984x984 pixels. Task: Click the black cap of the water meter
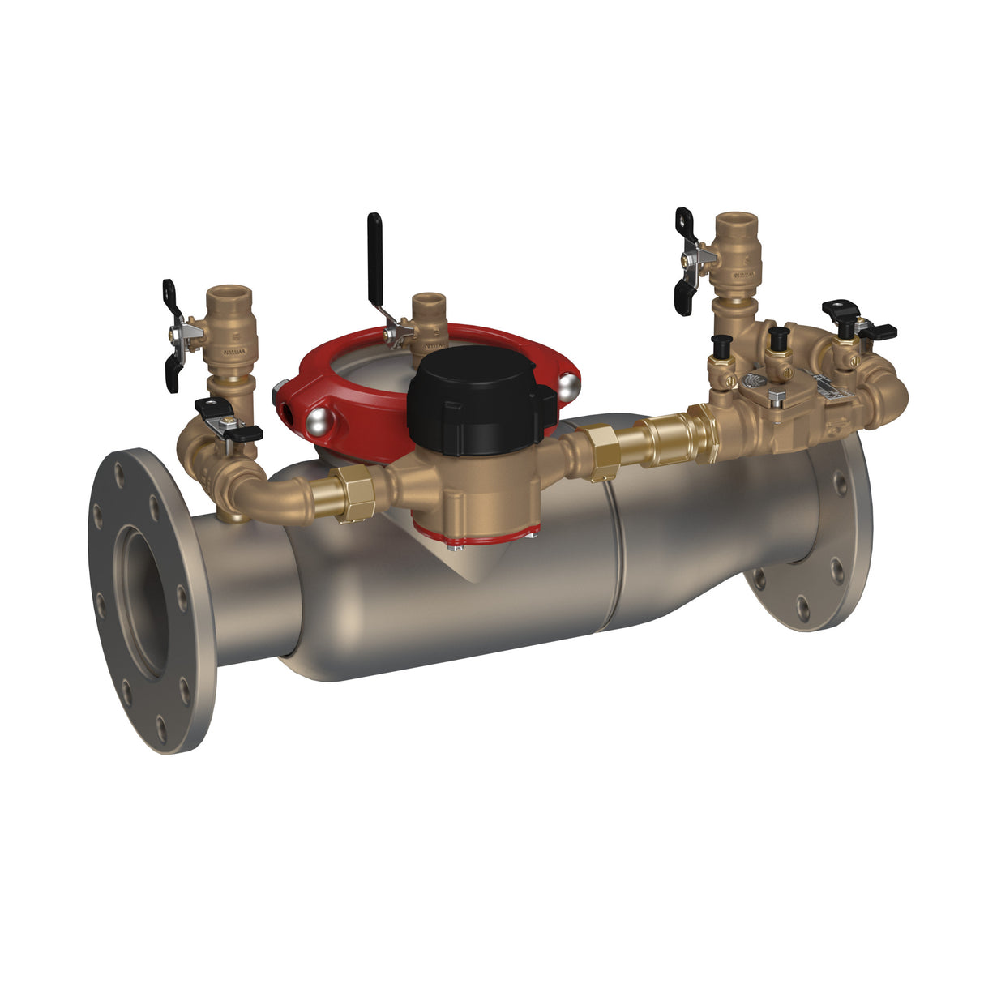(478, 397)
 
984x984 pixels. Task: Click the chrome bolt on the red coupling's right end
(569, 383)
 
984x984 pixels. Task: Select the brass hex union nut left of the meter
(354, 494)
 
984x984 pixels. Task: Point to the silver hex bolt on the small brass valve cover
(776, 397)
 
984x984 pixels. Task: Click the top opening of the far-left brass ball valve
(227, 292)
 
